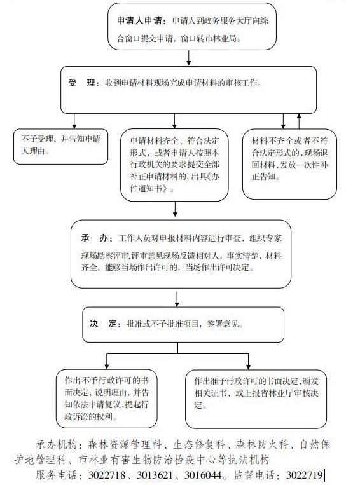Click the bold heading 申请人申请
139,21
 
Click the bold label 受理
81,83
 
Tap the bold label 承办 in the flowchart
94,238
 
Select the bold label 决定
103,324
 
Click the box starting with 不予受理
60,146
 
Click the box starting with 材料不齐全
289,164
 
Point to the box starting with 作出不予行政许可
106,399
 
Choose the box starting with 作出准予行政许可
256,399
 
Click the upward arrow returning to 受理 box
299,121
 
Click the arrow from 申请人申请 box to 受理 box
188,58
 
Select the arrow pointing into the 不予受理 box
74,121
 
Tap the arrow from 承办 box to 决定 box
177,299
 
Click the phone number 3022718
107,475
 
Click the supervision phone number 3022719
305,475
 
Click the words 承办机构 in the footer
57,445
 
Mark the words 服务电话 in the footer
56,475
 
